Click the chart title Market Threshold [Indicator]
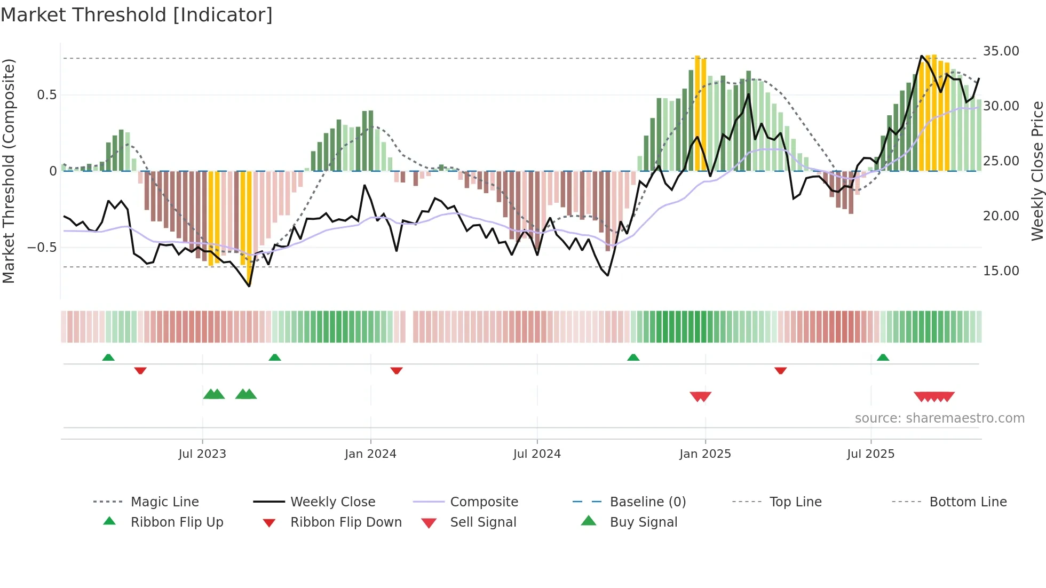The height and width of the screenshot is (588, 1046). tap(137, 15)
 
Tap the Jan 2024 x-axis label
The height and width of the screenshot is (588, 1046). tap(370, 454)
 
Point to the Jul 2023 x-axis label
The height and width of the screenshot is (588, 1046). tap(202, 454)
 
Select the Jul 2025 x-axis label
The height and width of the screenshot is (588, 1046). tap(870, 454)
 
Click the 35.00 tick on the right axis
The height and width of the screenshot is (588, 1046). tap(1001, 51)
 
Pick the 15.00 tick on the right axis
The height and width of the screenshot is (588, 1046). tap(1001, 271)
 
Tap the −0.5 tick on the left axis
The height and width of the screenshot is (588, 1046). tap(42, 248)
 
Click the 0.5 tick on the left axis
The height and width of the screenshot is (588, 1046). tap(46, 95)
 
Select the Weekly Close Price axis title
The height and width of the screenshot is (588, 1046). tap(1037, 171)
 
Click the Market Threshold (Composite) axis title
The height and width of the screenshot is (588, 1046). tap(9, 171)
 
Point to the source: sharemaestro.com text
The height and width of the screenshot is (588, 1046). tap(939, 418)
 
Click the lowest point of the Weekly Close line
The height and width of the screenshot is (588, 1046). tap(249, 286)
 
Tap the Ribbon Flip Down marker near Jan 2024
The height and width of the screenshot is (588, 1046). tap(396, 370)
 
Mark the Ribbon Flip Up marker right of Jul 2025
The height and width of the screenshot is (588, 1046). tap(883, 357)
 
